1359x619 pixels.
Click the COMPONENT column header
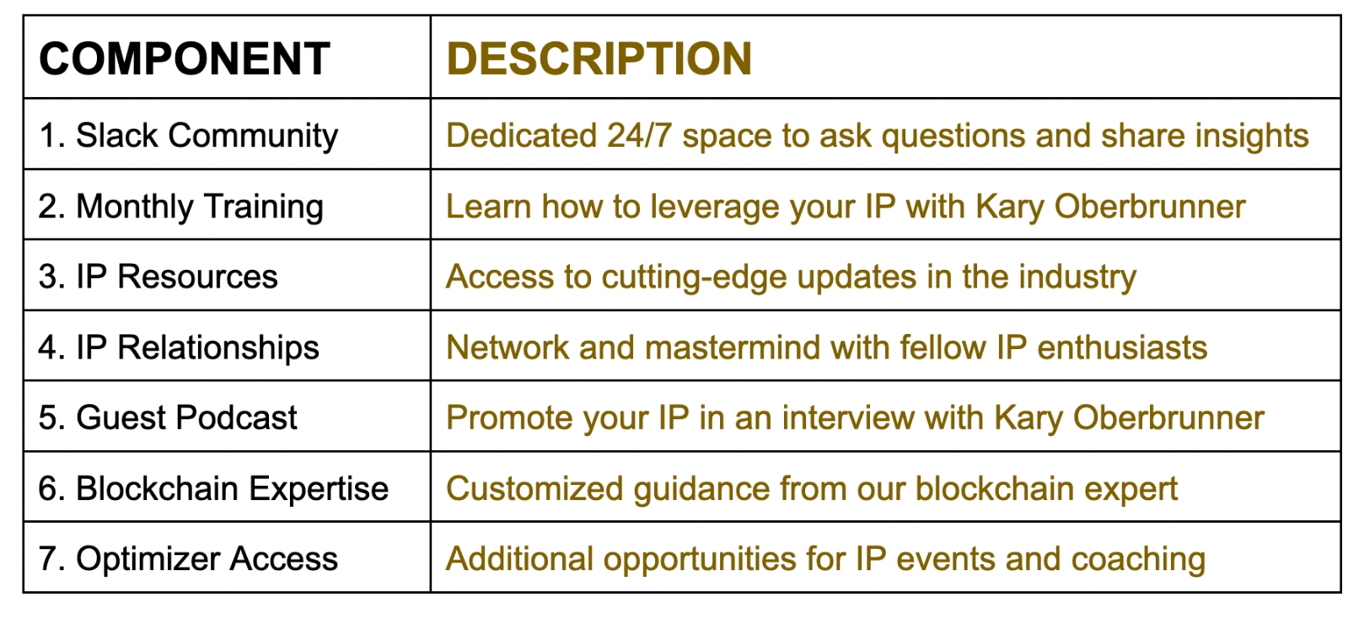click(185, 59)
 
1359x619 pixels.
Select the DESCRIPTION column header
click(599, 59)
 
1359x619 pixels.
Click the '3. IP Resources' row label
click(158, 277)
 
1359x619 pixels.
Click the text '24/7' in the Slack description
click(639, 135)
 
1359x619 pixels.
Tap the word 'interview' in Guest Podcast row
click(848, 418)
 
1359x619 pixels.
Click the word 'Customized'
click(534, 489)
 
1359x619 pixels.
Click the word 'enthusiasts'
click(1122, 347)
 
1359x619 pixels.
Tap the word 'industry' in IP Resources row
click(1077, 277)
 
